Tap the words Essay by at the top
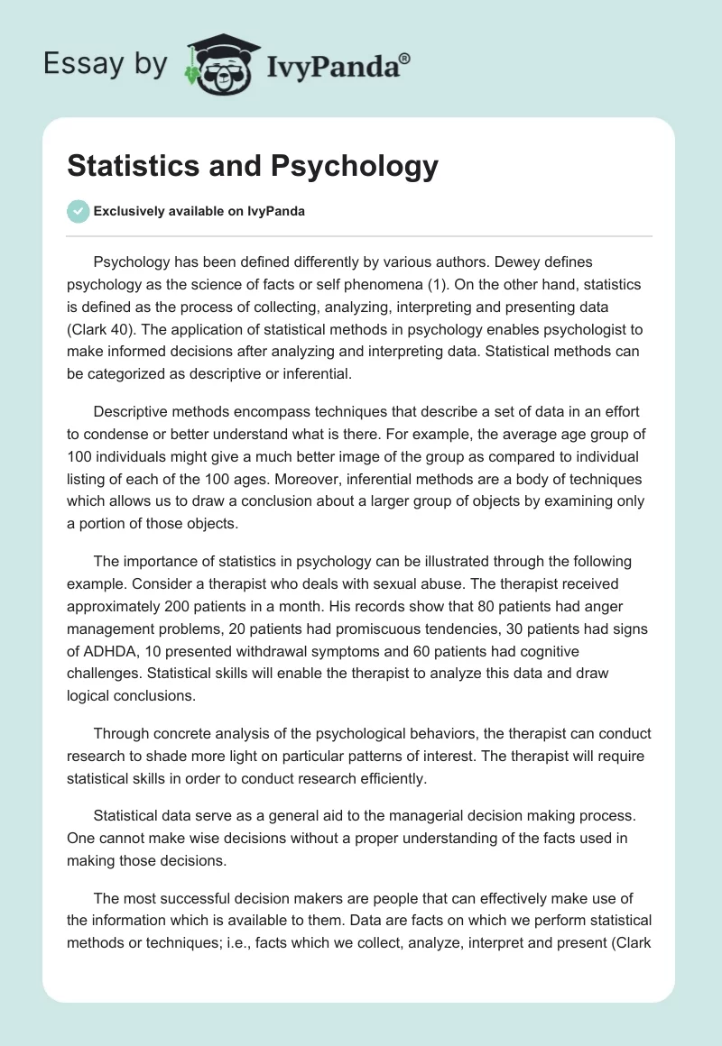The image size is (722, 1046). [105, 65]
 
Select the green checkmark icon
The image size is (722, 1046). [78, 211]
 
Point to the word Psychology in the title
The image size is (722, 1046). [353, 166]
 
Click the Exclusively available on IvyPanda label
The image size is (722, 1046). [199, 211]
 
